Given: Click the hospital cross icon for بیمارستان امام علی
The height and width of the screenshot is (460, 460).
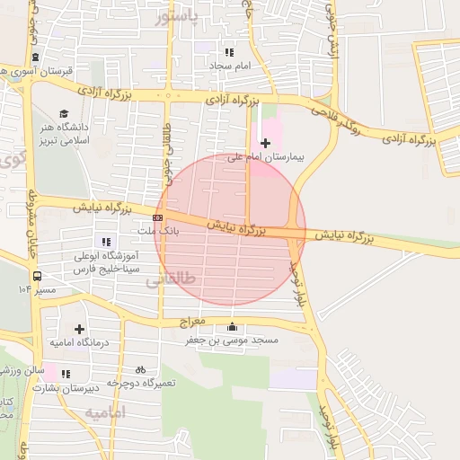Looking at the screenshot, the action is [x=265, y=143].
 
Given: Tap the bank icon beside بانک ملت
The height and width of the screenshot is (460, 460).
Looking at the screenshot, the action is [x=158, y=217].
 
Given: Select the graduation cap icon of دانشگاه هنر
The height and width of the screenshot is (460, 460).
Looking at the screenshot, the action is [x=64, y=113].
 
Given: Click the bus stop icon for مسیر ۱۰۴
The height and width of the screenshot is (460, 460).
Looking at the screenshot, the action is [x=38, y=277].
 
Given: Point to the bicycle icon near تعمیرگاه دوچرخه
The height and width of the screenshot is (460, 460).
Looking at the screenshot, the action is [x=140, y=369].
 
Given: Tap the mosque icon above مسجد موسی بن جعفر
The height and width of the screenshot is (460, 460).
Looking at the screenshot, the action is [x=234, y=327].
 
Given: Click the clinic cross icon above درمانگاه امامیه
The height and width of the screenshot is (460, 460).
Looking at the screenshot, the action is [x=80, y=330].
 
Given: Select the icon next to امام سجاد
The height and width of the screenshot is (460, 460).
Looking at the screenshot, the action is [x=228, y=52].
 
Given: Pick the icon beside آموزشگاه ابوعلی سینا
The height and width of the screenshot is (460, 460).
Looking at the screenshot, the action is [x=107, y=241].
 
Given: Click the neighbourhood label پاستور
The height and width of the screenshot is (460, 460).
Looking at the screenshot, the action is [x=174, y=17].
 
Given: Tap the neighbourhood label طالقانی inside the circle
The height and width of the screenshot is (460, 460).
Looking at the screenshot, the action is [x=170, y=280].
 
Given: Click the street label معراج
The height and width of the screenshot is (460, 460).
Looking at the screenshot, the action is [x=192, y=321].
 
